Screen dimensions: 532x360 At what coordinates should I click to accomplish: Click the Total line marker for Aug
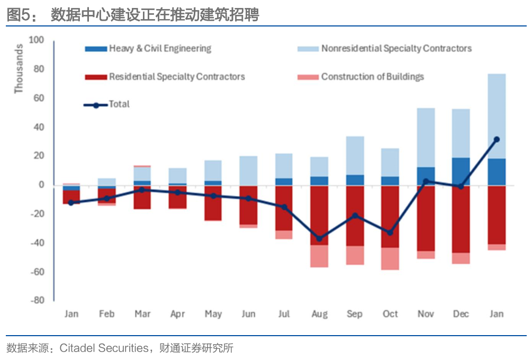tap(319, 239)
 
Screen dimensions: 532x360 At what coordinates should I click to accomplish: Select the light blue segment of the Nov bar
tap(426, 138)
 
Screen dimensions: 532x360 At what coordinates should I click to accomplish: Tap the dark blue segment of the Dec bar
tap(461, 172)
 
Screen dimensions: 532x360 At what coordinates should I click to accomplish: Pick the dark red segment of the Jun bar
tap(248, 205)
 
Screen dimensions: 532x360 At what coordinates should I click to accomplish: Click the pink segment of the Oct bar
tap(390, 259)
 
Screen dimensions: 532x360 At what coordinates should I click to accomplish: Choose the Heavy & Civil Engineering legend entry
tap(148, 49)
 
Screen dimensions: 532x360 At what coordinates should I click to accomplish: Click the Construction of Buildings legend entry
tap(360, 77)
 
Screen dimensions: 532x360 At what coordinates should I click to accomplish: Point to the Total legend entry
tap(106, 104)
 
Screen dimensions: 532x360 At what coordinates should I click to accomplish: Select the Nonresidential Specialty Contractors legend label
tap(396, 49)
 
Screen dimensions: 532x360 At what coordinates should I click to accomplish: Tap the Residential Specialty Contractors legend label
tap(177, 77)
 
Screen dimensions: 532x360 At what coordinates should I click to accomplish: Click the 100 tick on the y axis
tap(37, 40)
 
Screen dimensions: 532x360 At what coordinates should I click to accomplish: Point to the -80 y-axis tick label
tap(38, 300)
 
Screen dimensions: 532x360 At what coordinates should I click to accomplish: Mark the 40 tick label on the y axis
tap(39, 127)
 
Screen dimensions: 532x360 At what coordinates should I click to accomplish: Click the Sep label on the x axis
tap(355, 314)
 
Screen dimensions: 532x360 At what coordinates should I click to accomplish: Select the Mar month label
tap(142, 314)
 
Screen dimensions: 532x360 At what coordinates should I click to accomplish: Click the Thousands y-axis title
tap(19, 68)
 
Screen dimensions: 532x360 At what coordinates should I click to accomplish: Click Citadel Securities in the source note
tap(104, 348)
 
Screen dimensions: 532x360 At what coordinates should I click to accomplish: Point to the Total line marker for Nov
tap(426, 182)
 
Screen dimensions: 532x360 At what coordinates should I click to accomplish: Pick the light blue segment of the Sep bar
tap(355, 156)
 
